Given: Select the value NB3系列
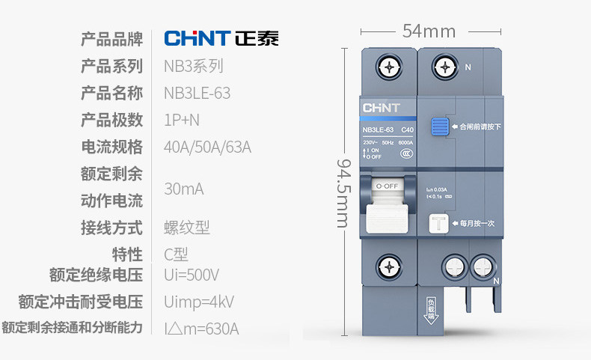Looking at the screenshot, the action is (193, 66).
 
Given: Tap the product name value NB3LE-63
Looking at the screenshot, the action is (197, 93).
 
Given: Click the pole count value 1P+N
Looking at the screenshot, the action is (182, 120).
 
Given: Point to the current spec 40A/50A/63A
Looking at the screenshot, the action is (207, 147).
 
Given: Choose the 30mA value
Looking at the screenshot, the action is (183, 188).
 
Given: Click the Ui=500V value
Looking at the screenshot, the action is (192, 275).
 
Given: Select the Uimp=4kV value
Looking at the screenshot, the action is (199, 302).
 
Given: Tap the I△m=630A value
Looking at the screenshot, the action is (201, 329).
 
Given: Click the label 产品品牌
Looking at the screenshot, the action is (111, 39).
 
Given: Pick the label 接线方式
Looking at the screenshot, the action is (111, 228).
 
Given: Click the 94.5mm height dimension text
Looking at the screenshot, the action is (343, 192).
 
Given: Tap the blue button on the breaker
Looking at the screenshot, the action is (439, 126).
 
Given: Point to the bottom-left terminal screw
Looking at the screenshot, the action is (389, 267).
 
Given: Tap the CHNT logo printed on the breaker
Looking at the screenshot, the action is (381, 108).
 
